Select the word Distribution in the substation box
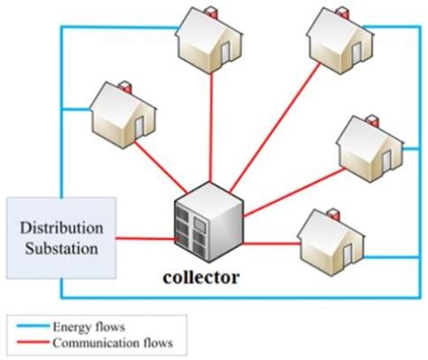point(60,227)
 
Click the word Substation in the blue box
point(60,246)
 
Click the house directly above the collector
point(209,40)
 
